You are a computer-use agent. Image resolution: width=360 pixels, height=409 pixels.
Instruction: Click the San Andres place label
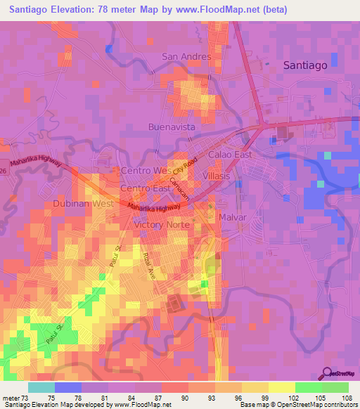click(x=186, y=56)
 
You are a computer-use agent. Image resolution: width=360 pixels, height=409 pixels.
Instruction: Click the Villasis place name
click(x=216, y=175)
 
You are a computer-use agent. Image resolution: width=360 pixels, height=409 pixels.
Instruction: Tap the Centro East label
click(x=146, y=189)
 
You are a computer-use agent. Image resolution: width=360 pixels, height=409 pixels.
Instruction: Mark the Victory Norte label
click(x=162, y=225)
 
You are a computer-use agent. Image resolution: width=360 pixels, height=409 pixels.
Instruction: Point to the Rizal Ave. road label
click(x=148, y=267)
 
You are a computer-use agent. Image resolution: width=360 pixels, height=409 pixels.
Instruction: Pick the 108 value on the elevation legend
click(x=347, y=397)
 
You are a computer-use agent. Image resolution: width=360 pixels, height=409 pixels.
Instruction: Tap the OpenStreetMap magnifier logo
click(x=327, y=373)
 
